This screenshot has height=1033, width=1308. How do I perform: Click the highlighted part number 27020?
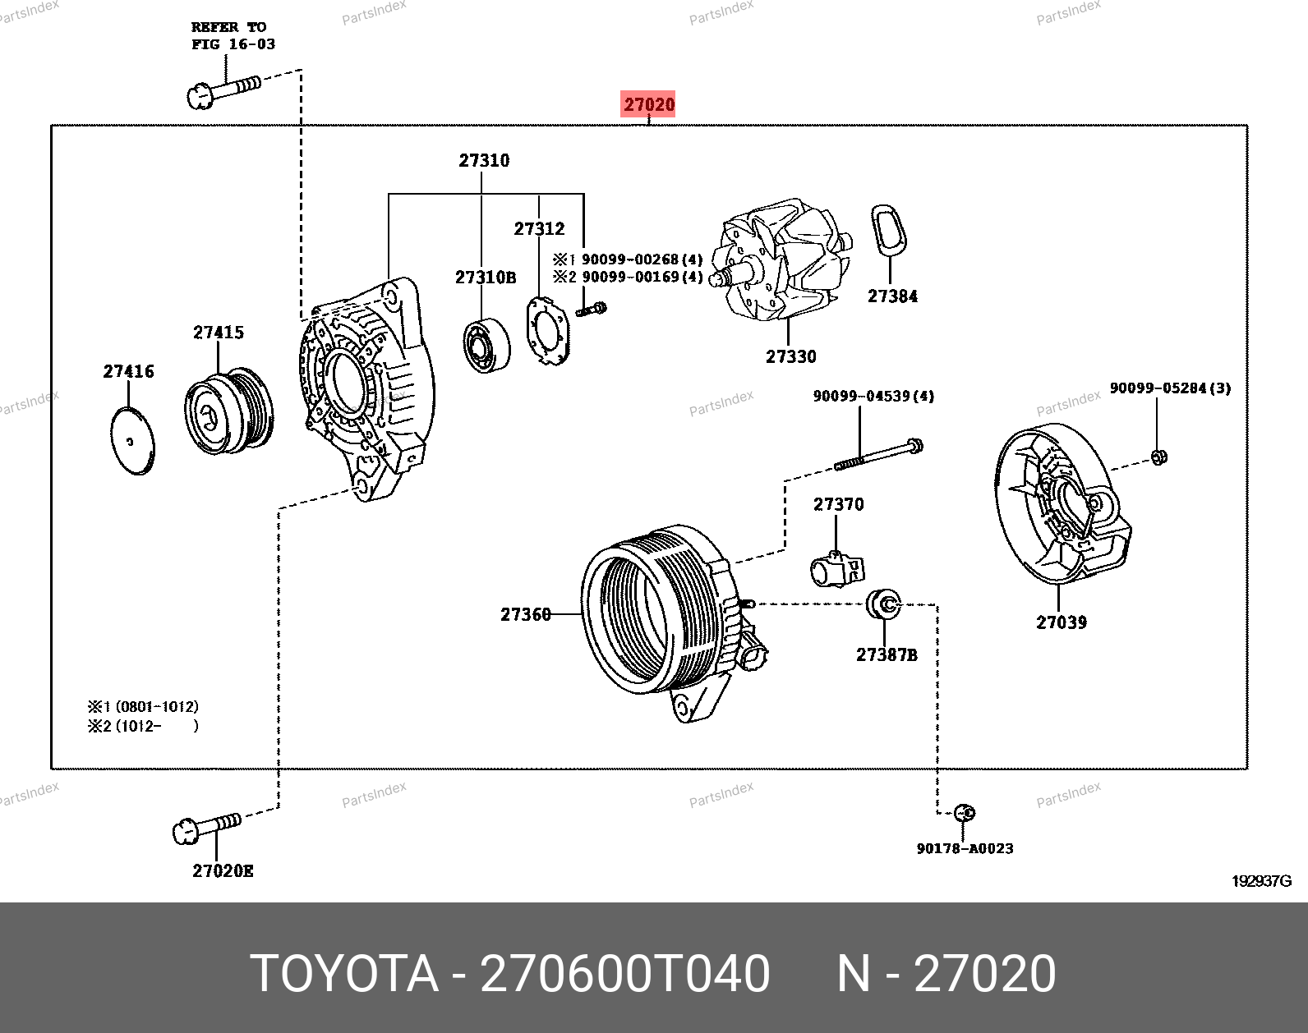click(648, 105)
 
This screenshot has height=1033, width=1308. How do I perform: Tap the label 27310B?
click(486, 278)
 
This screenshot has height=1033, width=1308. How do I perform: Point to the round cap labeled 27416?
click(131, 441)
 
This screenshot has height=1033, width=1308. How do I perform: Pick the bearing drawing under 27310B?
click(486, 343)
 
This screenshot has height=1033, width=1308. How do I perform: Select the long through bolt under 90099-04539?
click(878, 455)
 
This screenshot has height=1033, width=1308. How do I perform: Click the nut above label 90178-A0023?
click(966, 814)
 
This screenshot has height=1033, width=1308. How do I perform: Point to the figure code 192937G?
click(1261, 881)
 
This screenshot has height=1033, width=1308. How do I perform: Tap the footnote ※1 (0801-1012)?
click(143, 706)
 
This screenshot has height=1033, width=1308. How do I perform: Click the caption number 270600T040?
click(624, 974)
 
